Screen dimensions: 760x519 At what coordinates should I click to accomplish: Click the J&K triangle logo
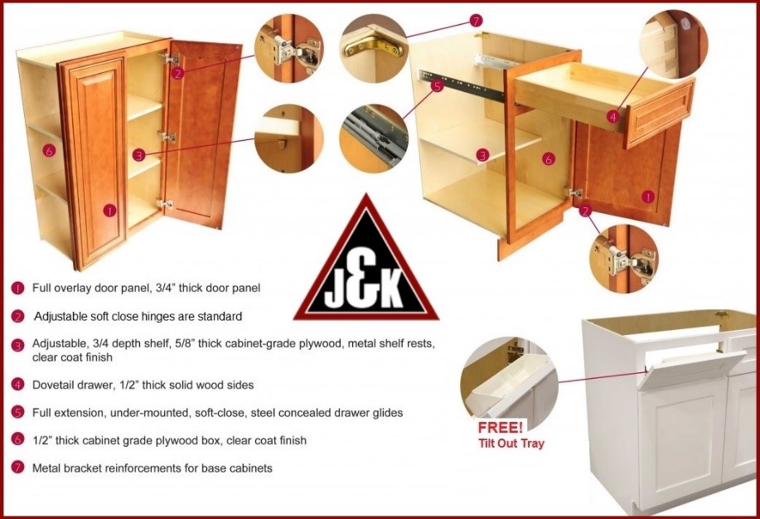click(366, 264)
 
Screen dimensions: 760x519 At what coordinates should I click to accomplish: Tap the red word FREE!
click(501, 428)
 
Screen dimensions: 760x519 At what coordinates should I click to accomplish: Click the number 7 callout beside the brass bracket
click(476, 21)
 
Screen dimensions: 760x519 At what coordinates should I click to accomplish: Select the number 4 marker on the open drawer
click(613, 116)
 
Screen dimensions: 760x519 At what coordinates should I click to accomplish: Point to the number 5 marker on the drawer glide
click(437, 87)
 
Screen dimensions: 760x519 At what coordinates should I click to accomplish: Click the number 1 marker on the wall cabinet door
click(110, 211)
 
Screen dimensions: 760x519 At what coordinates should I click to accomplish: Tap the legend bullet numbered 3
click(17, 346)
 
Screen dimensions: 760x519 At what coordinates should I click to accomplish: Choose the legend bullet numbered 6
click(17, 439)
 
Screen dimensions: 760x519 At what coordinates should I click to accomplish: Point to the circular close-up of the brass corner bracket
click(374, 48)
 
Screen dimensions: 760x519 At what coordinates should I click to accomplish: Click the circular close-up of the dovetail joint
click(674, 43)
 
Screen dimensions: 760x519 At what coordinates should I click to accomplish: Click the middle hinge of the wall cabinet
click(167, 137)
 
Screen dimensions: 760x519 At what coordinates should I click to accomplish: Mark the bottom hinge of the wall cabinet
click(165, 204)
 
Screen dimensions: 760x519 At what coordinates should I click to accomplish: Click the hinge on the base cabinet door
click(574, 192)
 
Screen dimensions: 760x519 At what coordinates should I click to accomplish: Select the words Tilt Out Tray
click(511, 444)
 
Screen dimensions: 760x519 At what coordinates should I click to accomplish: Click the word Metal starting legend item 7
click(45, 468)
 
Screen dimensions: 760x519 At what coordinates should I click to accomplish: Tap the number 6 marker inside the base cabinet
click(548, 158)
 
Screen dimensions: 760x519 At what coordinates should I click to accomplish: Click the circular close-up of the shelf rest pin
click(288, 138)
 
